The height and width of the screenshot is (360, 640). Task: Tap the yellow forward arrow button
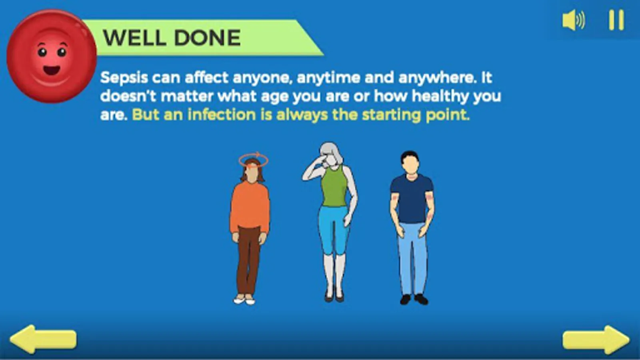[x=596, y=340]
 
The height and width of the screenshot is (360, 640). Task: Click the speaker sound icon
[x=574, y=20]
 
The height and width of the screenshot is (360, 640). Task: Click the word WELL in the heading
[x=134, y=38]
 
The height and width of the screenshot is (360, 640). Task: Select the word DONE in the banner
[x=208, y=38]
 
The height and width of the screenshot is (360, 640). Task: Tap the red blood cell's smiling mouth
[x=52, y=70]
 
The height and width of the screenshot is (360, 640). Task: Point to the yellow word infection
[x=222, y=115]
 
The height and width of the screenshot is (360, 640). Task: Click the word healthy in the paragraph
[x=440, y=96]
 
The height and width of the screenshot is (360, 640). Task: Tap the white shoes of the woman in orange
[x=244, y=300]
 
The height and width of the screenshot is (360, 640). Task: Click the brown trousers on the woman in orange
[x=248, y=260]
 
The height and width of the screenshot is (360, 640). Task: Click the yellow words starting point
[x=416, y=115]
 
